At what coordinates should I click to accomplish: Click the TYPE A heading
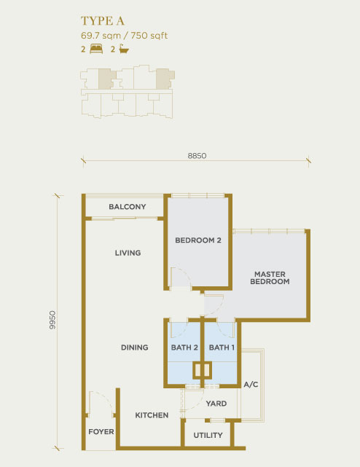(103, 21)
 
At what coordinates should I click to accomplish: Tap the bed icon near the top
(96, 49)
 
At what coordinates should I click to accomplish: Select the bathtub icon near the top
(124, 49)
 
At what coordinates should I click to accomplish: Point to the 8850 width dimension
(197, 156)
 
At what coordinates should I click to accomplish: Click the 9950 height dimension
(52, 320)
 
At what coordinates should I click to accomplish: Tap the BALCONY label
(128, 207)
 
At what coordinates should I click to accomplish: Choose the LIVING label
(128, 253)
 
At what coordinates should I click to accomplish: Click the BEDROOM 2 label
(198, 240)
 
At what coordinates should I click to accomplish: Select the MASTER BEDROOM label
(270, 278)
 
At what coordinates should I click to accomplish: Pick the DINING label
(134, 348)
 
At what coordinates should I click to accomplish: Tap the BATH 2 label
(184, 348)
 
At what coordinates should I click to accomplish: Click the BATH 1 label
(222, 348)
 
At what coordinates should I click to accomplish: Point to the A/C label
(251, 385)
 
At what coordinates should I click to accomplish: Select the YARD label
(216, 404)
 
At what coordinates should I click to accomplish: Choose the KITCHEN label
(152, 415)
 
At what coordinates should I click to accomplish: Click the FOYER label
(101, 431)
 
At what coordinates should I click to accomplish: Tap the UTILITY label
(208, 436)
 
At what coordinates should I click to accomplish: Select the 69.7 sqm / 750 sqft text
(125, 36)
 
